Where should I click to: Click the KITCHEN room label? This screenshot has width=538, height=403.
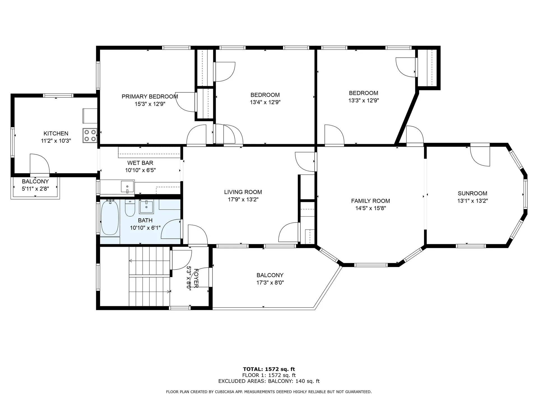tap(56, 133)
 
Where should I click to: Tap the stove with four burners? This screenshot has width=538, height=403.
tap(90, 135)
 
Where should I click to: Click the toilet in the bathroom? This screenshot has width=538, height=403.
tap(130, 209)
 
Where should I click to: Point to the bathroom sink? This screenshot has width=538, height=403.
tap(146, 207)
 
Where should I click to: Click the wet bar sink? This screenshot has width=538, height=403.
tap(127, 186)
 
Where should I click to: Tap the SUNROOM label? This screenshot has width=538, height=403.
tap(472, 193)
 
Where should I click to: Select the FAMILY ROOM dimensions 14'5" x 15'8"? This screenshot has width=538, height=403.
tap(370, 208)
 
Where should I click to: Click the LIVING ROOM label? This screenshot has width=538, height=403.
tap(243, 192)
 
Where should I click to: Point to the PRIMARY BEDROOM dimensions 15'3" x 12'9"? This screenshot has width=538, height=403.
tap(150, 104)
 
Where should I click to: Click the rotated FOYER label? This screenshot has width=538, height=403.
tap(196, 278)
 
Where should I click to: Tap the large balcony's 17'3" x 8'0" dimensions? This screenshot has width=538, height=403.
tap(270, 283)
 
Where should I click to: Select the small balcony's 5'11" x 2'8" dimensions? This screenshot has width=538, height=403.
tap(35, 189)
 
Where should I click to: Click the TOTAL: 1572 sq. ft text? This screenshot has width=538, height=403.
tap(269, 369)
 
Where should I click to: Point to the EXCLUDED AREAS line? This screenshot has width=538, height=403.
tap(269, 381)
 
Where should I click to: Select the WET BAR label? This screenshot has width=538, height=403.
tap(140, 163)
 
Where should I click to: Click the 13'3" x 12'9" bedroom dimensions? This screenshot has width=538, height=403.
tap(363, 100)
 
